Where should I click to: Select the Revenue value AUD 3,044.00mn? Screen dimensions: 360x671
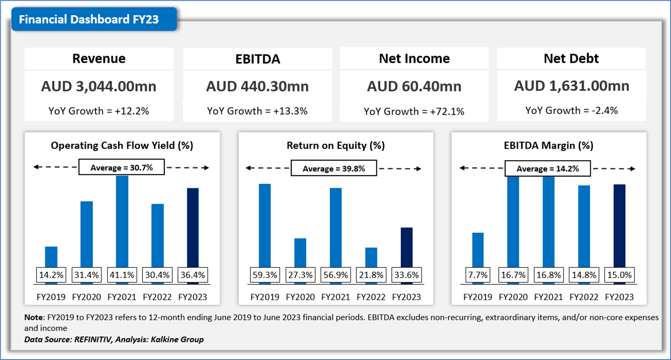point(99,86)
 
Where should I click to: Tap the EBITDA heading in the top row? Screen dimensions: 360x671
point(258,59)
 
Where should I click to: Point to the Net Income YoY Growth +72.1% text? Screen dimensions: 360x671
point(414,111)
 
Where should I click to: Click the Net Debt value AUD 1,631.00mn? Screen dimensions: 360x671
point(571,86)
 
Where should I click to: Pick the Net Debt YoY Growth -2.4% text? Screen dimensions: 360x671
point(571,111)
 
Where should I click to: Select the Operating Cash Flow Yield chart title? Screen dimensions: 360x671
point(122,145)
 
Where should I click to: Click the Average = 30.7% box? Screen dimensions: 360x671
point(121,168)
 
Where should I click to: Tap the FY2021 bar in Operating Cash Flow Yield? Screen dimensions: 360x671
point(122,221)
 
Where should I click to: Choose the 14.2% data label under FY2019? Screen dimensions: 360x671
point(51,275)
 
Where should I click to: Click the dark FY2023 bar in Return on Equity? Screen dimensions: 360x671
point(406,247)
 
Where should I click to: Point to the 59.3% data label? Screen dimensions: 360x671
point(265,275)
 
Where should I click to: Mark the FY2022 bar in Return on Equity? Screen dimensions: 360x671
point(371,257)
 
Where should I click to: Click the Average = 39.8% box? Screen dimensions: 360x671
point(333,169)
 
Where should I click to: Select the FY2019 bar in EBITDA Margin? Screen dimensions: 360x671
point(478,250)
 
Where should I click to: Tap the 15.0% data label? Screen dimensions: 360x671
point(619,275)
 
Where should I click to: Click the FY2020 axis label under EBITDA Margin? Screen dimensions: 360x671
point(513,297)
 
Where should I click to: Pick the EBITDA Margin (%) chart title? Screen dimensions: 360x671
point(549,145)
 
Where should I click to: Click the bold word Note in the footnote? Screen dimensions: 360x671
point(34,317)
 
